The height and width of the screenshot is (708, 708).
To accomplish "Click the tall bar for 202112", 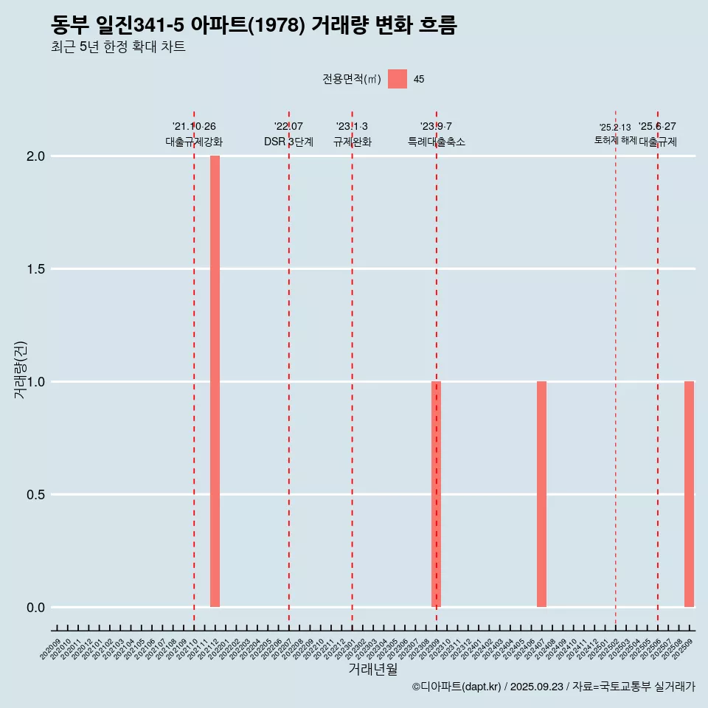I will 215,381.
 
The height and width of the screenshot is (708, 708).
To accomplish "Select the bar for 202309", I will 436,494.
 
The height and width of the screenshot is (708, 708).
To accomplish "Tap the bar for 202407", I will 541,494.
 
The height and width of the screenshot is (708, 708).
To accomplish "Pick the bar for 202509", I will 689,494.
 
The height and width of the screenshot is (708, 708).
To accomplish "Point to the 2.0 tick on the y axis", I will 37,156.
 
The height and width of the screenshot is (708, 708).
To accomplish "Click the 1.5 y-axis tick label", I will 37,269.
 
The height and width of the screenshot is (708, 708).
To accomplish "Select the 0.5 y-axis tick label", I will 37,495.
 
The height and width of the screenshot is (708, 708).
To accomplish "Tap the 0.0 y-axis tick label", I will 37,608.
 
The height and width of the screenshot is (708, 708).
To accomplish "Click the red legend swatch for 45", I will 398,79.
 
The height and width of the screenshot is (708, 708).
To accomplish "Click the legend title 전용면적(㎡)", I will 352,79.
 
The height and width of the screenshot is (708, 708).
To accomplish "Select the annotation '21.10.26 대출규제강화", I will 194,134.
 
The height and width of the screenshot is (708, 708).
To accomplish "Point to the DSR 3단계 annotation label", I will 288,142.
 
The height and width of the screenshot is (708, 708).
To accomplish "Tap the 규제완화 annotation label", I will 352,142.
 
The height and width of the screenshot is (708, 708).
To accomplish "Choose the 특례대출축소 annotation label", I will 437,142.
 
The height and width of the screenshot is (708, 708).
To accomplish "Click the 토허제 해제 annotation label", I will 615,140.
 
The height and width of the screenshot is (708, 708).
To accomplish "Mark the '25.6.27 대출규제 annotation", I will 658,134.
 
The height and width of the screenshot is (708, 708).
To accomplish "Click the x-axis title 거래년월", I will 372,669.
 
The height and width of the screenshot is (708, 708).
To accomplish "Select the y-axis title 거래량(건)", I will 21,369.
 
